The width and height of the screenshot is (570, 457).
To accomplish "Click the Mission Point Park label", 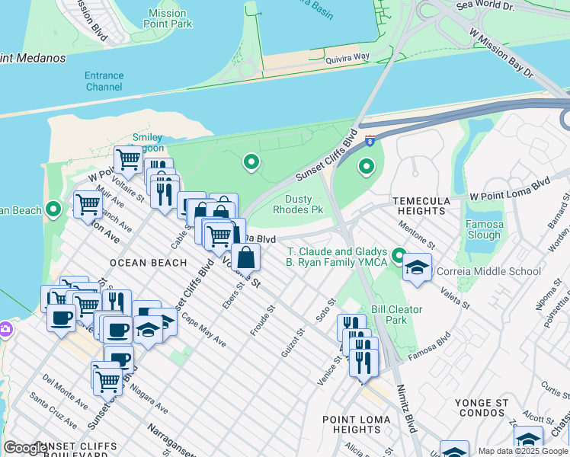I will point(167,18).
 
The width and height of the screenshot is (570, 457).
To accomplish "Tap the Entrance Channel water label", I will point(104,81).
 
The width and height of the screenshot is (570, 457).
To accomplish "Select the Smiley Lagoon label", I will point(147,143).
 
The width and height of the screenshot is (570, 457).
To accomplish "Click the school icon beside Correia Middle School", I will point(417,267).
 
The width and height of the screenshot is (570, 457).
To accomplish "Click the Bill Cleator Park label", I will point(389,315).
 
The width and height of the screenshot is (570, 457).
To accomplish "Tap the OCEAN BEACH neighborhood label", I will point(148,263).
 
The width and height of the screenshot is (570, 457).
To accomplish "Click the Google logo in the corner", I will point(26,448).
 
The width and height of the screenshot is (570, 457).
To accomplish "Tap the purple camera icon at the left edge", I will point(5,329).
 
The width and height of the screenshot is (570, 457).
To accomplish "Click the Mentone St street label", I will point(415,235).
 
